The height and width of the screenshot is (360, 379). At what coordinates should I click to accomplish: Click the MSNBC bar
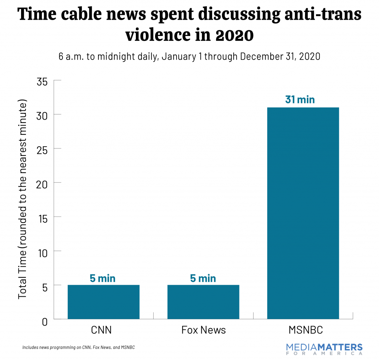click(303, 213)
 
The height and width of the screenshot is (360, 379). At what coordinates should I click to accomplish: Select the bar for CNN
click(103, 302)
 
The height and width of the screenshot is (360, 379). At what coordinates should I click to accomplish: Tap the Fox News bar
click(203, 302)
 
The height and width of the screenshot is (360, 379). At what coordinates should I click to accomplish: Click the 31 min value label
click(300, 100)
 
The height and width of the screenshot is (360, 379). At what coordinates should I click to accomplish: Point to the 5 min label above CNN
click(103, 278)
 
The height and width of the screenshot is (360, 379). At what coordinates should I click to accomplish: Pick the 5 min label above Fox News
click(203, 278)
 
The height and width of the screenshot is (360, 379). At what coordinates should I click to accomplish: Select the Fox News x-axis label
click(203, 330)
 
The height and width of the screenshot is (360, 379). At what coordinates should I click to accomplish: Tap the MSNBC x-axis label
click(303, 330)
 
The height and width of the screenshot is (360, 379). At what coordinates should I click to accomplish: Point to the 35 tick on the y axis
click(43, 81)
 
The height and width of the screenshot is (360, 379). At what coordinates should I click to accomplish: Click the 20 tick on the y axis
click(43, 183)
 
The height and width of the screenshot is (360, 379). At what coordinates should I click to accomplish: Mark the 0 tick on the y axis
click(45, 321)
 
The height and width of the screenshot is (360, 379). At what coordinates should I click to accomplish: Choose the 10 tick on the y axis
click(43, 251)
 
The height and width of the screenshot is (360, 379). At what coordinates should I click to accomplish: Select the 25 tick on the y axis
click(43, 149)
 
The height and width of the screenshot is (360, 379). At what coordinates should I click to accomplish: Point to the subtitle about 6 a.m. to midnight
click(189, 57)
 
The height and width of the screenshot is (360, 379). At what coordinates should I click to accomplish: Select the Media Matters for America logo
click(324, 349)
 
